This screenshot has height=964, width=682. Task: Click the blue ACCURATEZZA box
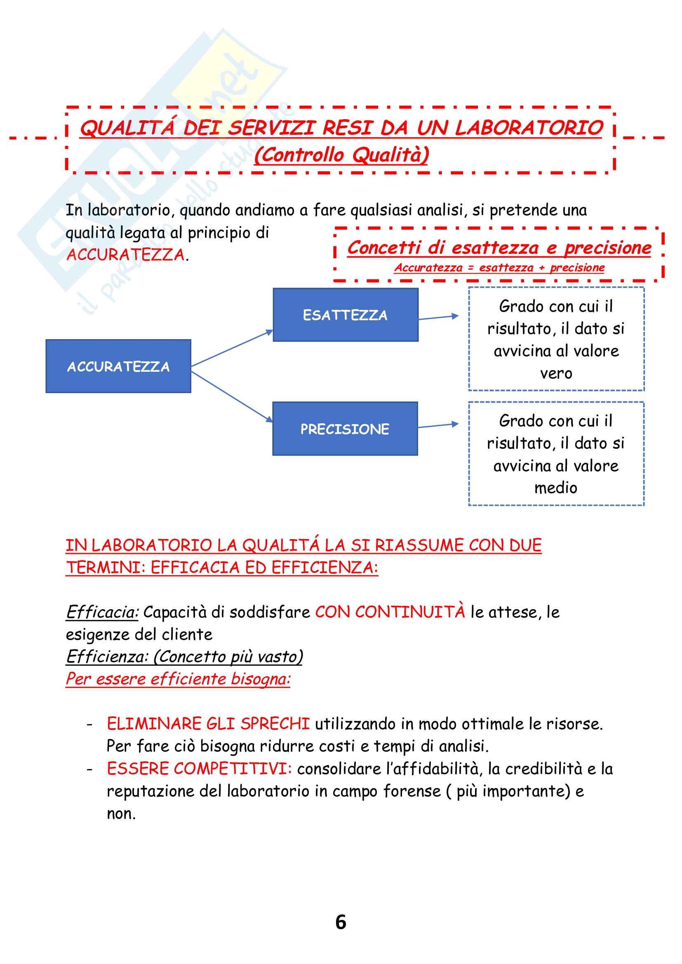click(x=118, y=366)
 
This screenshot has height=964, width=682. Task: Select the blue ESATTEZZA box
click(x=345, y=315)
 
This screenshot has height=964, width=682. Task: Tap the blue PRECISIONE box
click(x=345, y=429)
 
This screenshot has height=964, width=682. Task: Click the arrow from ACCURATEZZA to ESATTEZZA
click(x=232, y=349)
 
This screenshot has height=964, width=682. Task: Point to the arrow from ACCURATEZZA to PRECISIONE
click(x=232, y=397)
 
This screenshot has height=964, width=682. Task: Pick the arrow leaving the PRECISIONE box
click(x=438, y=425)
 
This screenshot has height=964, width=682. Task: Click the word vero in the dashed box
click(x=556, y=373)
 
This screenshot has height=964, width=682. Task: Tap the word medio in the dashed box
click(x=555, y=488)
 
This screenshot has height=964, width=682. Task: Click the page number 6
click(x=341, y=922)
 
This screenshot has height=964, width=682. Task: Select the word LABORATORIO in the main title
click(x=529, y=128)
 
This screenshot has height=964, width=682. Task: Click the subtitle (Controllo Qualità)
click(x=341, y=155)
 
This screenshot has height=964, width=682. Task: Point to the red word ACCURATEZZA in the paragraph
click(x=126, y=254)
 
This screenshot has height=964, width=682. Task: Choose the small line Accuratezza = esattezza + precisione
click(x=499, y=267)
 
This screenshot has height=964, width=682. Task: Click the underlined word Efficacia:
click(x=102, y=612)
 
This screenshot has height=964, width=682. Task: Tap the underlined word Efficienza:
click(x=108, y=656)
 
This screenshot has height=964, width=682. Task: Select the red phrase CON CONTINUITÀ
click(x=390, y=612)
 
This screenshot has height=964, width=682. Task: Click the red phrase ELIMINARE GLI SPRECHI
click(x=208, y=723)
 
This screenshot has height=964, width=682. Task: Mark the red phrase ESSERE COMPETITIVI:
click(x=200, y=768)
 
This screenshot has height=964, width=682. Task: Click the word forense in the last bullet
click(x=412, y=791)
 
